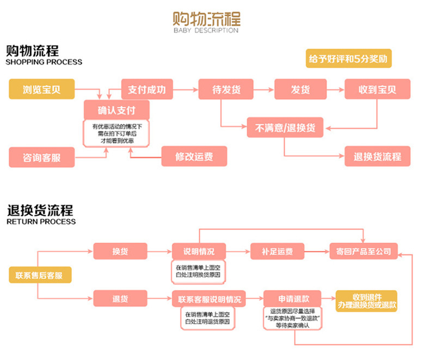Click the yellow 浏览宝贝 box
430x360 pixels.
pos(42,89)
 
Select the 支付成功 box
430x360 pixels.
pos(146,89)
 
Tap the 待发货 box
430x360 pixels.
pos(226,89)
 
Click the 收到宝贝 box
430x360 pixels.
pos(377,89)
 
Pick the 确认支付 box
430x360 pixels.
pos(116,110)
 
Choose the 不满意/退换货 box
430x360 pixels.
pos(285,128)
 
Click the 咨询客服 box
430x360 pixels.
pos(42,157)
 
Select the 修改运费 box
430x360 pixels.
pos(194,157)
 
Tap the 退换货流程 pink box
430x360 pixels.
pos(377,157)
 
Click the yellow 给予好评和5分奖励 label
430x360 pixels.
pos(349,59)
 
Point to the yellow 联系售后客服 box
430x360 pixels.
pos(40,276)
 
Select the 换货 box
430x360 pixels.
pos(120,252)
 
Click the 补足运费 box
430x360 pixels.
pos(278,252)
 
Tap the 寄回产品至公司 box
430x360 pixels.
pos(364,252)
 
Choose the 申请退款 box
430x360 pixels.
pos(292,298)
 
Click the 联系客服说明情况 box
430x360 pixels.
pos(208,298)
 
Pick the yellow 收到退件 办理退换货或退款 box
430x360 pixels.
pos(366,301)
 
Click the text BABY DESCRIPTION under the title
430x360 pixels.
pos(206,30)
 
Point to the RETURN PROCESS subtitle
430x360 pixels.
pos(41,222)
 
